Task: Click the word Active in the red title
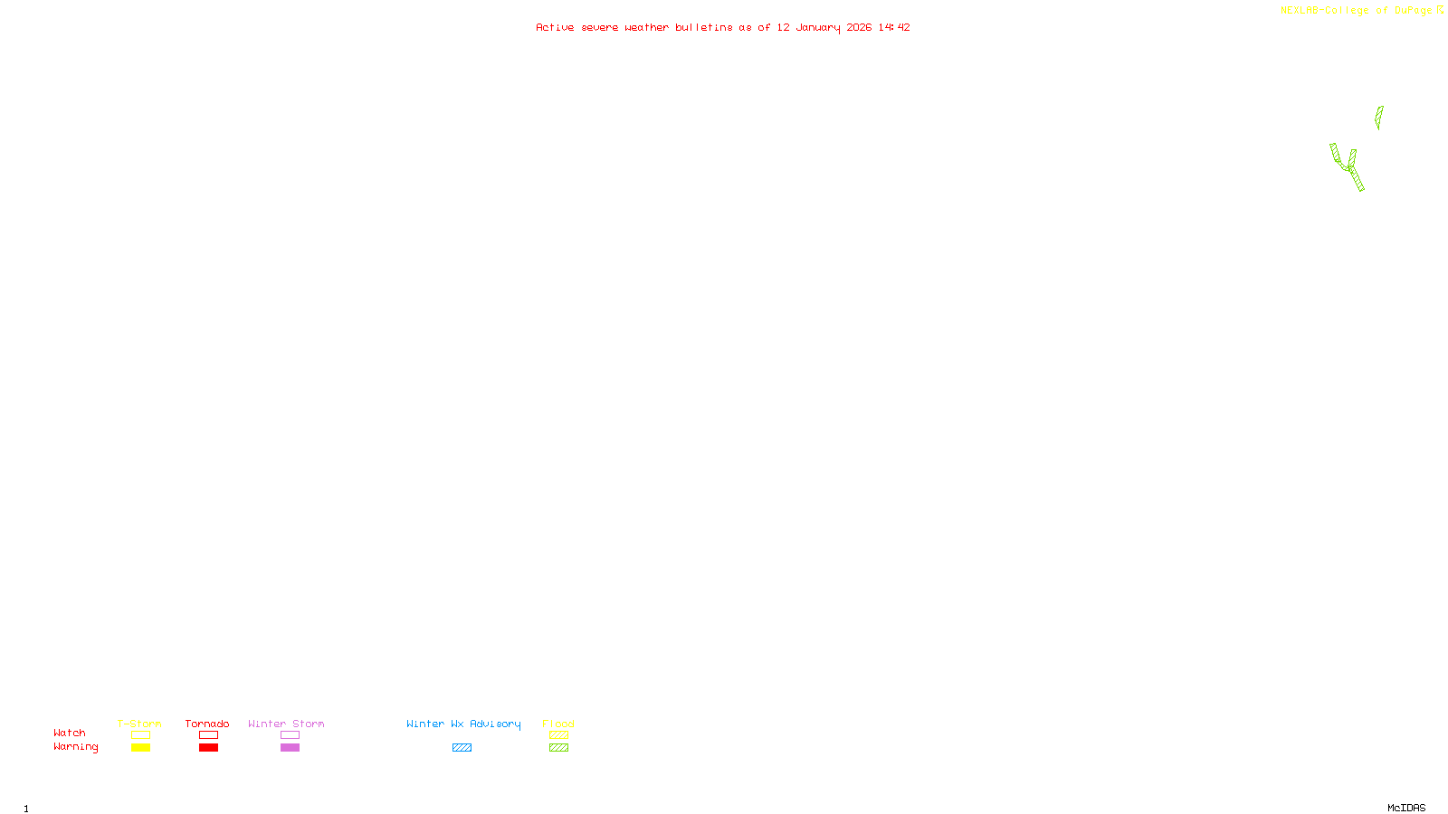point(555,27)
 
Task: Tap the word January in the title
point(818,27)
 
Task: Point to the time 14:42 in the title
point(894,27)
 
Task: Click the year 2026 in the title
point(859,27)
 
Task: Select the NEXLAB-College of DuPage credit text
point(1356,10)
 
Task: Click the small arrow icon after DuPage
point(1440,10)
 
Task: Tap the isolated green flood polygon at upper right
point(1378,117)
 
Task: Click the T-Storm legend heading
point(139,724)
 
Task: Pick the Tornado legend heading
point(207,724)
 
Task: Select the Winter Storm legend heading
point(286,724)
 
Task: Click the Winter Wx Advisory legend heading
point(463,724)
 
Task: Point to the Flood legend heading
point(558,724)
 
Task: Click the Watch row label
point(70,733)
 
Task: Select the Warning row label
point(76,747)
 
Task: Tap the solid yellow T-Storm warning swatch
point(140,748)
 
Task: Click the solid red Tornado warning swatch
point(209,748)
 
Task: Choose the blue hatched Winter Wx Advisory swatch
point(462,748)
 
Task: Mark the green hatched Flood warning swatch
point(558,748)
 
